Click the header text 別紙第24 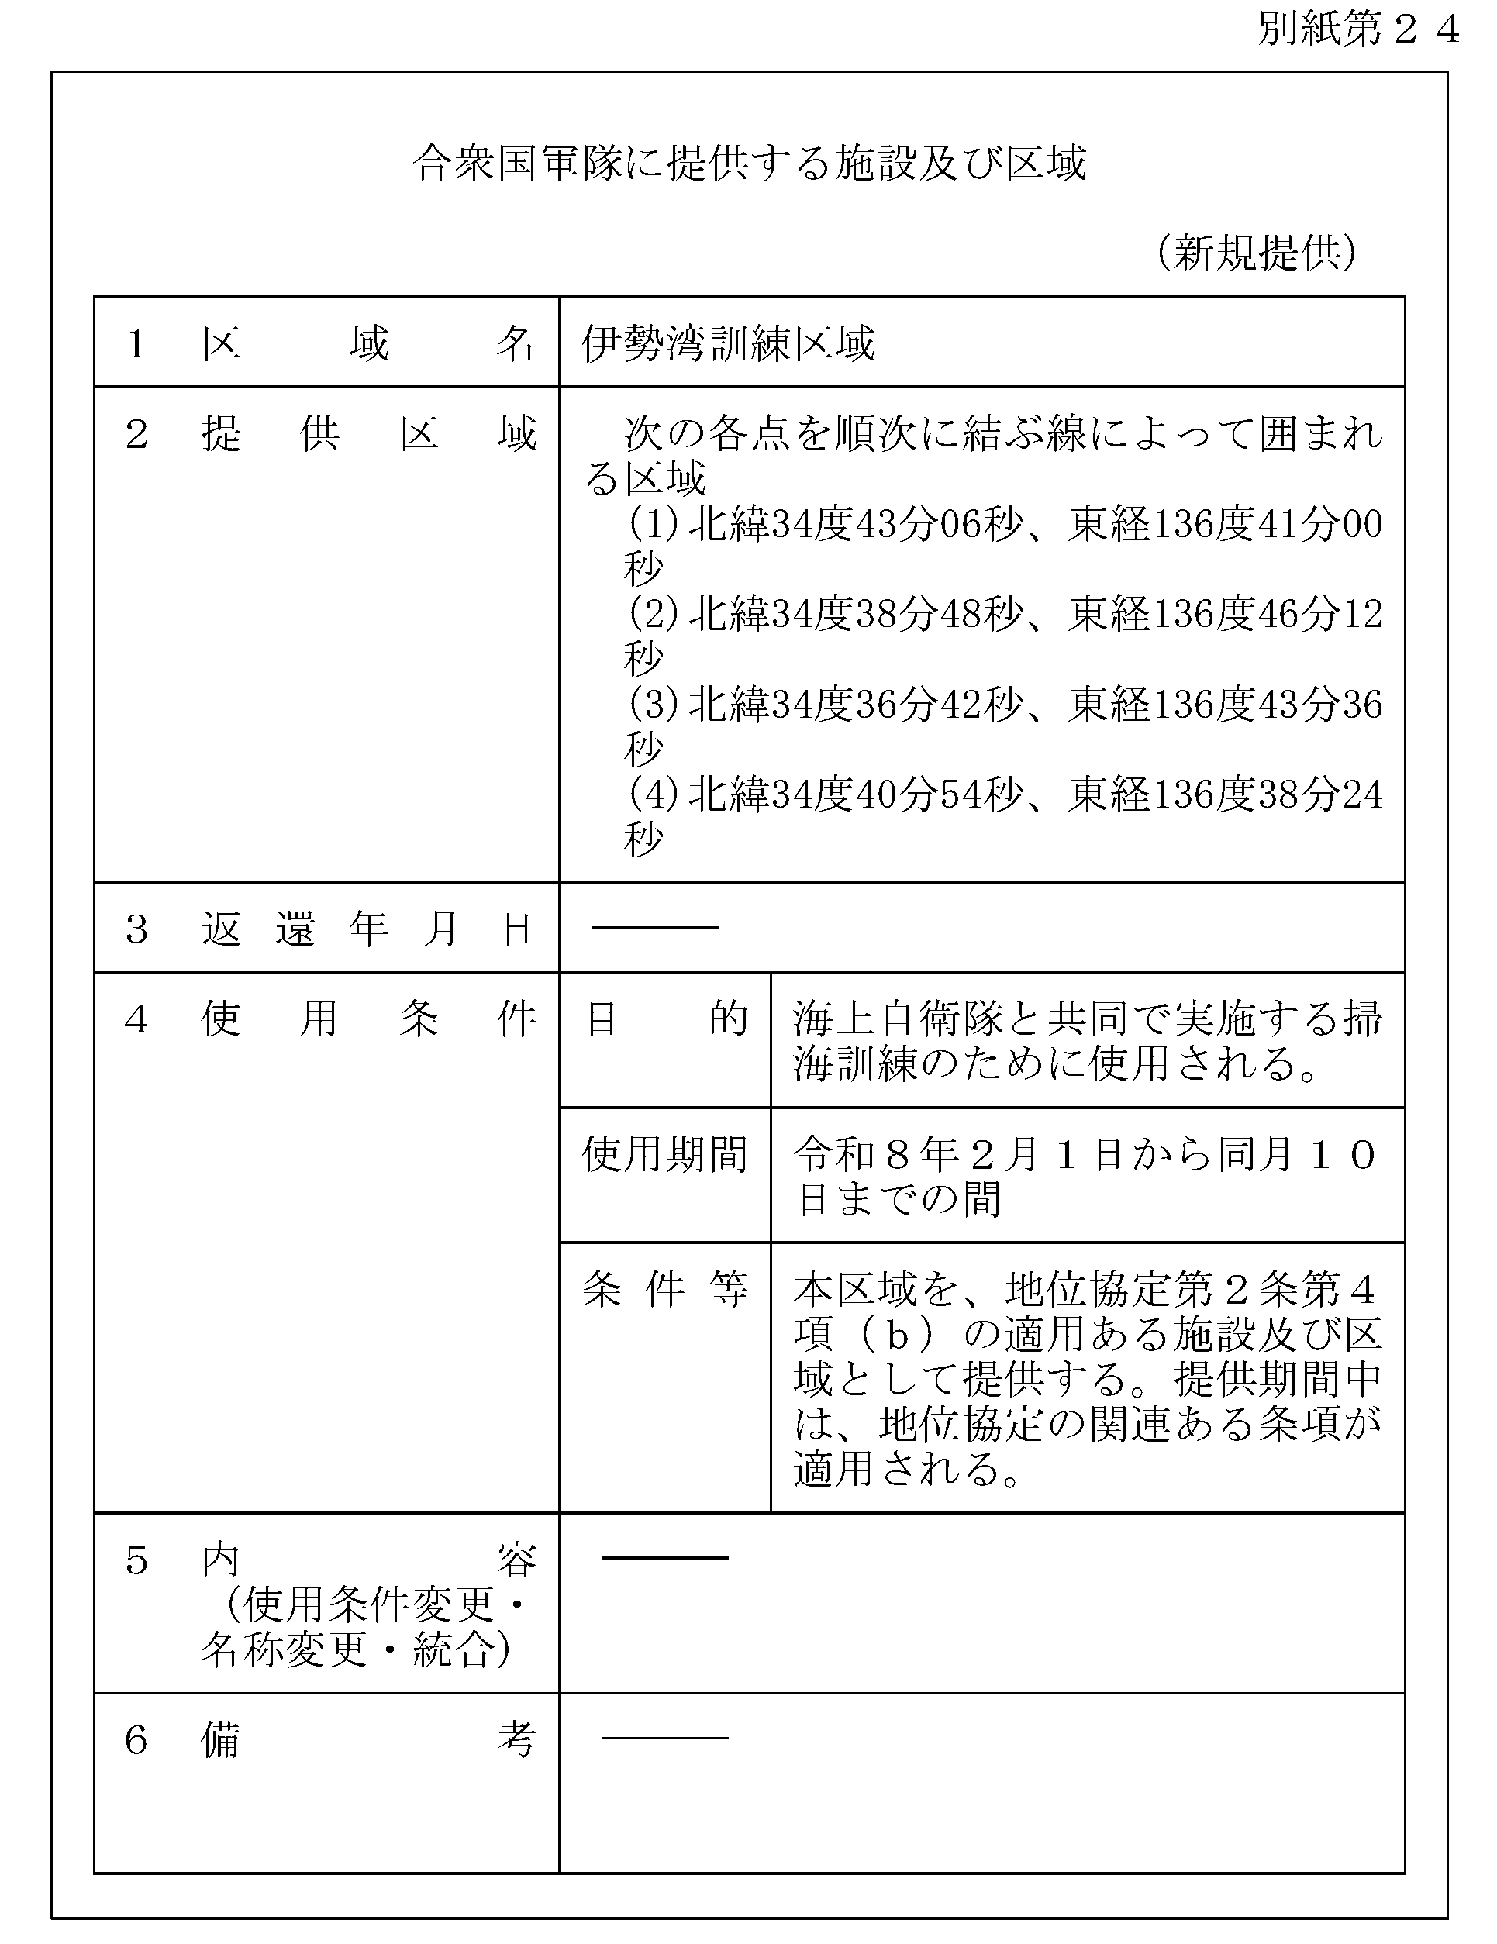click(x=1358, y=30)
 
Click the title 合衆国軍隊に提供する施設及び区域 click(x=750, y=164)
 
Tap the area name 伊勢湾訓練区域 click(x=728, y=343)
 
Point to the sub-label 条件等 click(x=664, y=1290)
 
